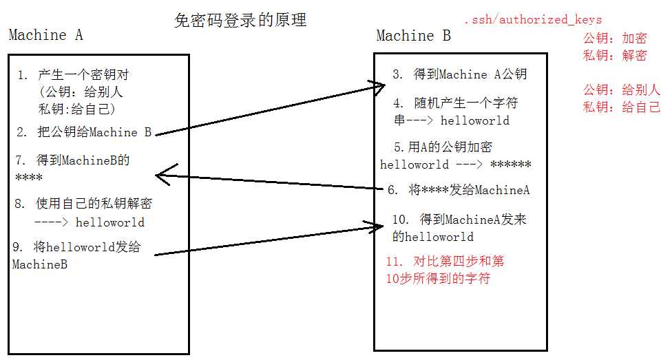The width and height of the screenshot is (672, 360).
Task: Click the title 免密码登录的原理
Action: click(240, 20)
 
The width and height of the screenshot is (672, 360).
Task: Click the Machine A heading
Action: click(46, 34)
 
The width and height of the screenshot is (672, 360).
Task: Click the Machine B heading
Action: click(414, 35)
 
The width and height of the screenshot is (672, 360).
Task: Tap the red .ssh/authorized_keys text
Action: click(533, 19)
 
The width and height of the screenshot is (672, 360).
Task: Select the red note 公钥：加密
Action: click(615, 38)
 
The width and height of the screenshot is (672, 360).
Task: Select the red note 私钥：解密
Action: click(615, 55)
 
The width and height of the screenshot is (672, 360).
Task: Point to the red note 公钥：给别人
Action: click(622, 89)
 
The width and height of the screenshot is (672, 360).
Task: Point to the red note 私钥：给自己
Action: click(622, 107)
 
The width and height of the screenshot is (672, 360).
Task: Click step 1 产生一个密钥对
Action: click(73, 75)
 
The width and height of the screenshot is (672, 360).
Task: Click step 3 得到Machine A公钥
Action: click(460, 74)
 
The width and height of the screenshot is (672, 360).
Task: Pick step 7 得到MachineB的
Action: click(72, 160)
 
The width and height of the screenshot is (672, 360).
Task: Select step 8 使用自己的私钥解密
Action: click(83, 203)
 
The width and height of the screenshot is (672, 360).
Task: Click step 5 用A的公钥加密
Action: click(443, 147)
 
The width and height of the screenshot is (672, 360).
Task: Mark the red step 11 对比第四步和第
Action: click(445, 261)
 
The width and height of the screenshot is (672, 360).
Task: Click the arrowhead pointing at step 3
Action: click(378, 87)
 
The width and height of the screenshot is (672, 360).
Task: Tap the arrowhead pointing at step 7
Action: click(163, 174)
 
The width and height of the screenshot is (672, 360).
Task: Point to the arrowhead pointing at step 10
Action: click(375, 226)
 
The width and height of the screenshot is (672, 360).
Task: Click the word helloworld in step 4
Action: click(475, 120)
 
